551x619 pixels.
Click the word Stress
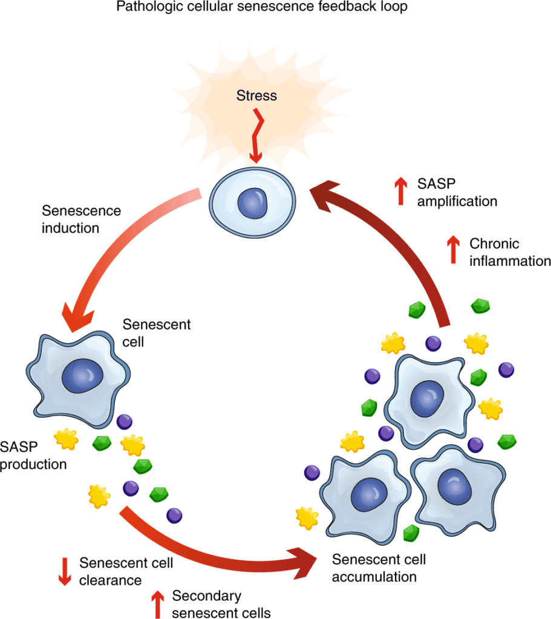(x=256, y=96)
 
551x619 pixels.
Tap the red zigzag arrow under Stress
(x=256, y=136)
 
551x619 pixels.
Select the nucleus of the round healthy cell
(x=253, y=202)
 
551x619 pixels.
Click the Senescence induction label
(x=81, y=219)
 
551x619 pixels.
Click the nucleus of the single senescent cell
(x=80, y=378)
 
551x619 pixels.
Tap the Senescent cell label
(x=156, y=333)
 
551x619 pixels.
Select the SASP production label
(x=33, y=455)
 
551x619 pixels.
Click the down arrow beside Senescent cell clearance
(x=64, y=570)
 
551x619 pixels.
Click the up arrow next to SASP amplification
(x=400, y=191)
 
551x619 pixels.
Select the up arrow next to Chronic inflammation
(x=452, y=249)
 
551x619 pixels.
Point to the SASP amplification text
(x=457, y=192)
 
